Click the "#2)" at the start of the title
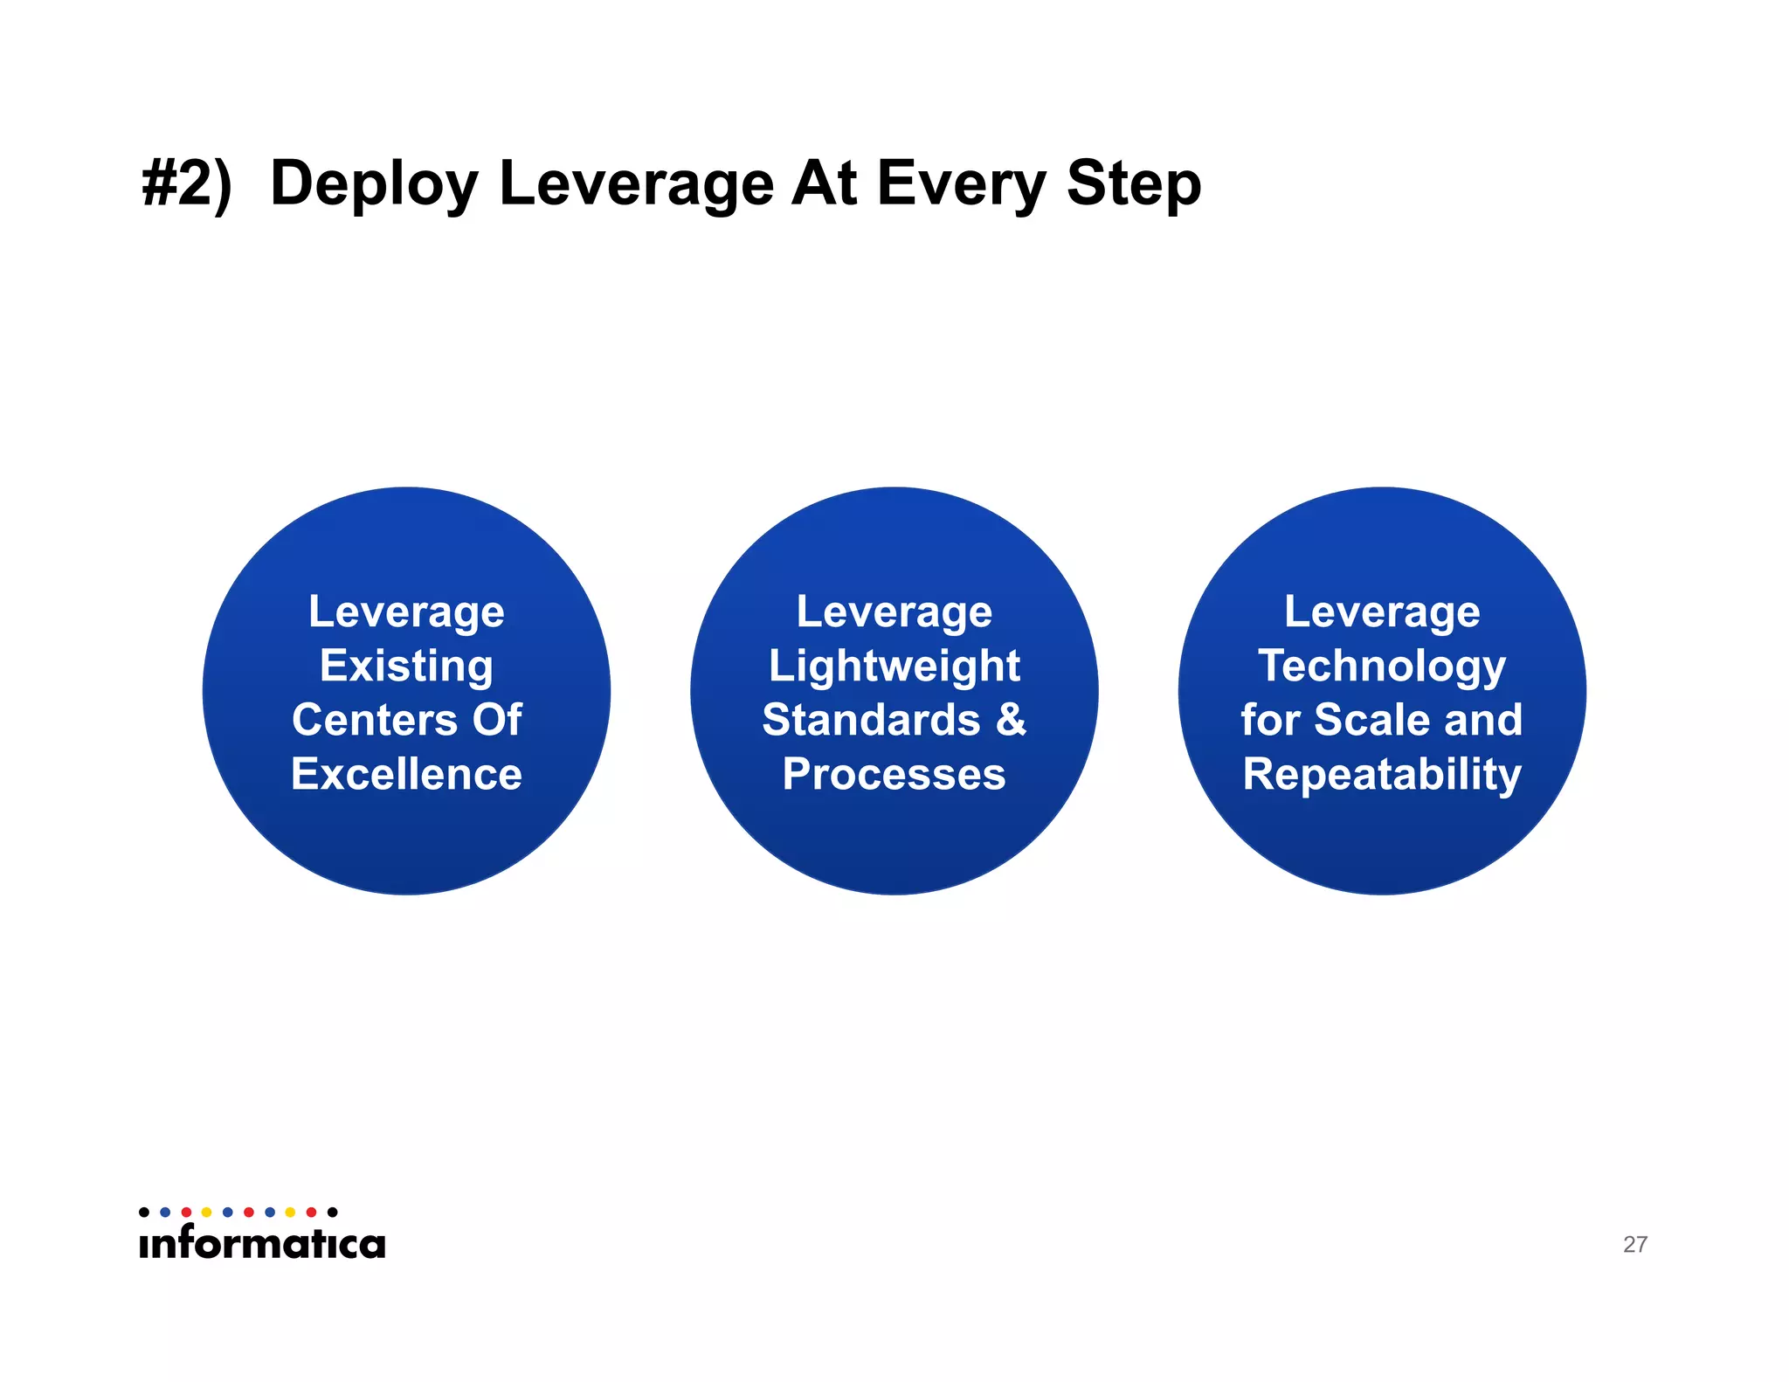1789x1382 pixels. [x=186, y=183]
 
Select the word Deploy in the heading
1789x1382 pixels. [x=374, y=185]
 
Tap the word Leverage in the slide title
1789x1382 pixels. [x=637, y=185]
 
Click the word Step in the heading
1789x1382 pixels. [x=1134, y=185]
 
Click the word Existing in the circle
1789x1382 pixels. [x=406, y=667]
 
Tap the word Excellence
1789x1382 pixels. [x=406, y=774]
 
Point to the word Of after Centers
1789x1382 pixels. [x=497, y=720]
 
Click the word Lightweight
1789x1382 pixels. [x=894, y=667]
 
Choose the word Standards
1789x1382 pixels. [x=871, y=720]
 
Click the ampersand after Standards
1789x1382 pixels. [x=1011, y=720]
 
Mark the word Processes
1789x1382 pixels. [x=894, y=774]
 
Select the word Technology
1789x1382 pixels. [x=1382, y=667]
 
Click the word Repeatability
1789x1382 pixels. [x=1382, y=775]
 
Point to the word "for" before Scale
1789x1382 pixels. [x=1270, y=720]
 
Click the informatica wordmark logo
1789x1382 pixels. [x=262, y=1241]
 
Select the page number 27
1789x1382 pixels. [x=1634, y=1244]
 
